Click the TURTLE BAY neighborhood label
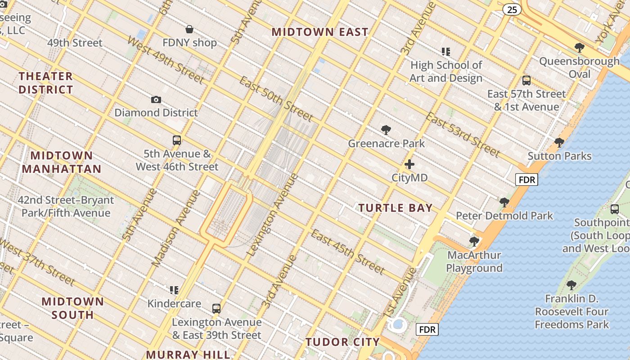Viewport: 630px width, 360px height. (x=395, y=208)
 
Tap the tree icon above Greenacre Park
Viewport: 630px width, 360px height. (x=386, y=130)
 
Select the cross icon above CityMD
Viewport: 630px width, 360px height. (x=409, y=164)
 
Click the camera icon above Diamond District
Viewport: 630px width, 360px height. (x=156, y=99)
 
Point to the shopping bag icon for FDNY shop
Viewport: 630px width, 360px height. (x=190, y=30)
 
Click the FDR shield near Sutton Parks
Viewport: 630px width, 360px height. (x=526, y=180)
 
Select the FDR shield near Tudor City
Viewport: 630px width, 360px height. (x=427, y=330)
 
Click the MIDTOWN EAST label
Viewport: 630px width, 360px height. (x=320, y=32)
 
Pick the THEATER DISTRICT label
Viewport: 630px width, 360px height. (x=46, y=83)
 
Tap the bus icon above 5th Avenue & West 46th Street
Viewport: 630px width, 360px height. (x=177, y=140)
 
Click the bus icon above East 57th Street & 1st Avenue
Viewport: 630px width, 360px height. (x=526, y=81)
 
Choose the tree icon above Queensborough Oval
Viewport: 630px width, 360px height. (x=580, y=47)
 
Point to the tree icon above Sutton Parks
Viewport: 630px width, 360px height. (x=559, y=143)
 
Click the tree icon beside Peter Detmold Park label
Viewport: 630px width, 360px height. (x=504, y=202)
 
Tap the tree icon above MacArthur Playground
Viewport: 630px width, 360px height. (x=474, y=242)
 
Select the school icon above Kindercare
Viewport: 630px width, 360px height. (x=174, y=290)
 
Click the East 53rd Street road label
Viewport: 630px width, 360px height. (x=463, y=135)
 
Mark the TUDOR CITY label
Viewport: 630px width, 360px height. (x=342, y=342)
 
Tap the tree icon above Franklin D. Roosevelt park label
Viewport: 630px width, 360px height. (x=571, y=285)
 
